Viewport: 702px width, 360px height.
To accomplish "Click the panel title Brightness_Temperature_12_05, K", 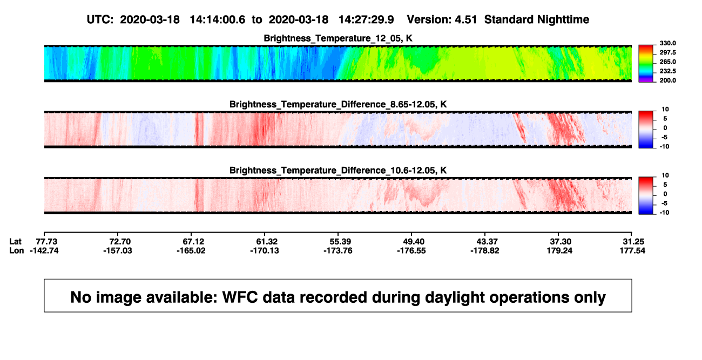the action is tap(338, 38).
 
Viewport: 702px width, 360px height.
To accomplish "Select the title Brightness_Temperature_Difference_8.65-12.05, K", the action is tap(338, 104).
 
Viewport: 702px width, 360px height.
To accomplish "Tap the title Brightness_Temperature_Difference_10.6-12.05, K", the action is tap(338, 171).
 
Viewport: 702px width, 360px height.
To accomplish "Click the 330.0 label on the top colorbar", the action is tap(667, 43).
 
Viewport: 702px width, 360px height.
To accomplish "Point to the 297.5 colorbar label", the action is tap(667, 52).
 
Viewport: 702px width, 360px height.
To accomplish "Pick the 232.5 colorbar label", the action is tap(667, 71).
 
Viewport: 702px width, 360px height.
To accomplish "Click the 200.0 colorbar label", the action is tap(667, 80).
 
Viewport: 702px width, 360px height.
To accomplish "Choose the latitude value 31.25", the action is tap(633, 242).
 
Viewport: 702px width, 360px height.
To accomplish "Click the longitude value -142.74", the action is tap(44, 250).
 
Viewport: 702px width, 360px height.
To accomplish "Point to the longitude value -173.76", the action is tap(338, 250).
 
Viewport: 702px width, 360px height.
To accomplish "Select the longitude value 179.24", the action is tap(559, 250).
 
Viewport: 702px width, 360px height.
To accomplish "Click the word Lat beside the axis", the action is tap(15, 242).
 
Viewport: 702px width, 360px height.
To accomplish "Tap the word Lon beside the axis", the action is tap(17, 250).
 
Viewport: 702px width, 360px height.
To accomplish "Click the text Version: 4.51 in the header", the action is tap(442, 19).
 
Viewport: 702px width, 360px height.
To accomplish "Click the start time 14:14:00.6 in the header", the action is tap(218, 19).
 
